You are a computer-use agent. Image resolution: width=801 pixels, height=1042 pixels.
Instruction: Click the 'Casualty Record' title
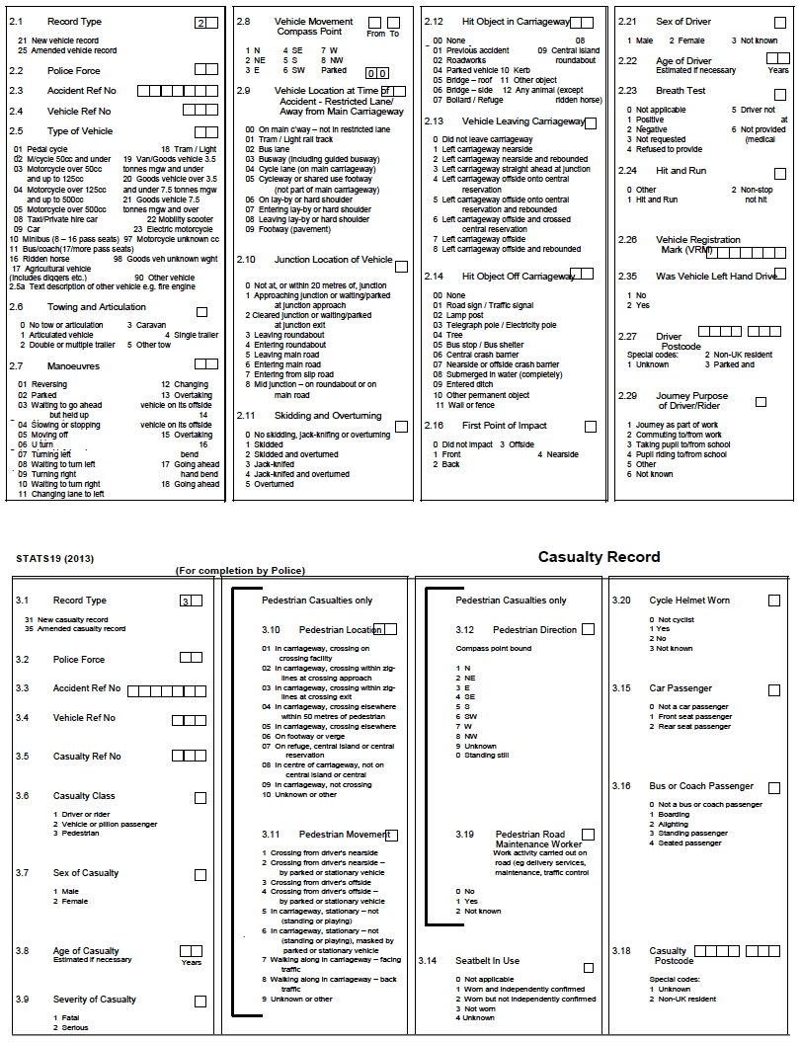[x=599, y=557]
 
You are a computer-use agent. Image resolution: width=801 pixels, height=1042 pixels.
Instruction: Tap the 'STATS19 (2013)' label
[x=54, y=558]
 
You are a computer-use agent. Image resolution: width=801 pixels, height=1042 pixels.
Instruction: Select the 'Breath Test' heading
[x=681, y=90]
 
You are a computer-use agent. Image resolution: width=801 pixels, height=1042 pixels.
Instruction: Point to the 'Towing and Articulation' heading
[x=96, y=307]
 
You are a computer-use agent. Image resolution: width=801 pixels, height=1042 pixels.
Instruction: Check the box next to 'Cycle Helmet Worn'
[x=774, y=601]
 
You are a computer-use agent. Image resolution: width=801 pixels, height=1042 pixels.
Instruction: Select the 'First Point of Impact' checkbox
[x=591, y=427]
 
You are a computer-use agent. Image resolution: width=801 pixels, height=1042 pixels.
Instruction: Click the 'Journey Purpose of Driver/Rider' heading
[x=691, y=401]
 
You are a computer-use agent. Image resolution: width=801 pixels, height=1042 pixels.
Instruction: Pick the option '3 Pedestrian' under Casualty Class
[x=77, y=834]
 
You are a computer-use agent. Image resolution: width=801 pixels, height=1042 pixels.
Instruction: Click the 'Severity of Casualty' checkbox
[x=200, y=1001]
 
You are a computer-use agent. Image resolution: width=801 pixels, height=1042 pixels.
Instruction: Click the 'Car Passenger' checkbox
[x=774, y=689]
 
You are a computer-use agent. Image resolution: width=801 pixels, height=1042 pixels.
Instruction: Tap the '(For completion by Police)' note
[x=240, y=571]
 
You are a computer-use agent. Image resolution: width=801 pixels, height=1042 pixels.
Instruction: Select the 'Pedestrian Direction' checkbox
[x=589, y=629]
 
